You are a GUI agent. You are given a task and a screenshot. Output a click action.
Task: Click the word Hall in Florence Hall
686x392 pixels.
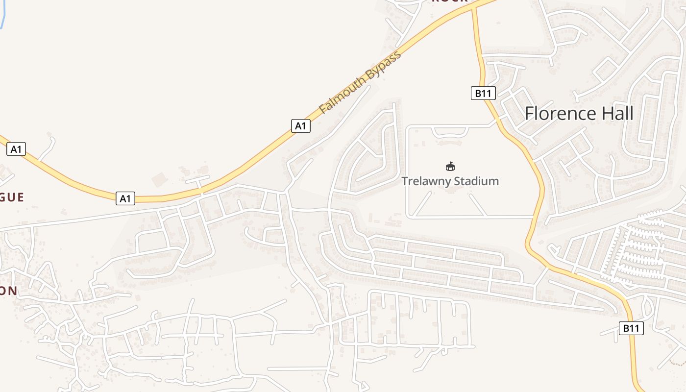tap(616, 114)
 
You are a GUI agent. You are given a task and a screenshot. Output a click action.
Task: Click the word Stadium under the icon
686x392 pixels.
tap(475, 181)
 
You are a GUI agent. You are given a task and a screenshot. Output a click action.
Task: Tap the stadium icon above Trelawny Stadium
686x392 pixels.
tap(450, 166)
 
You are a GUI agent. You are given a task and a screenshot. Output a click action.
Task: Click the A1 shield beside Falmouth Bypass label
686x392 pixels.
tap(300, 126)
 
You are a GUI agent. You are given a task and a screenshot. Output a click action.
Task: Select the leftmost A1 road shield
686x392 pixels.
tap(16, 149)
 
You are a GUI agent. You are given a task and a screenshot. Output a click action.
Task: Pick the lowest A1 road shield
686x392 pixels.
tap(125, 198)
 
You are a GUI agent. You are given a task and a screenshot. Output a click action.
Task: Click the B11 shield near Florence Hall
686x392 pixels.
tap(483, 93)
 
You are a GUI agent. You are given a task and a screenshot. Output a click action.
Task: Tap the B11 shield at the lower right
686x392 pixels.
tap(631, 328)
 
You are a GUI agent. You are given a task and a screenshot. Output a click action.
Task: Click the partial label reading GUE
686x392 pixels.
tap(12, 197)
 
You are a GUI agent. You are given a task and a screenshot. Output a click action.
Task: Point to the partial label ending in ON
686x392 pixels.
tap(8, 291)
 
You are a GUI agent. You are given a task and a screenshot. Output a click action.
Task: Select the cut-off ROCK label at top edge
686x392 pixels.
tap(449, 1)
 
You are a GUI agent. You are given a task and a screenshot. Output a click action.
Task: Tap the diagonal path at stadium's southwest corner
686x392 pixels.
tap(423, 204)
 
